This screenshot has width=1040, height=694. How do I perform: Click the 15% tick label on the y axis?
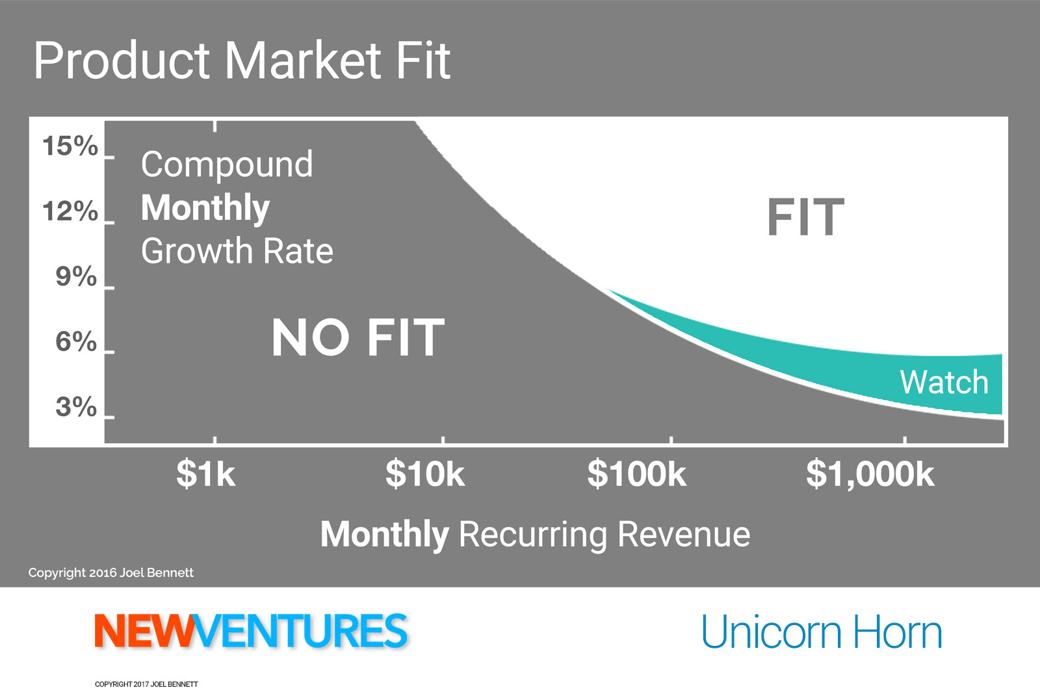pos(70,146)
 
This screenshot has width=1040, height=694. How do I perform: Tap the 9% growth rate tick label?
pos(76,276)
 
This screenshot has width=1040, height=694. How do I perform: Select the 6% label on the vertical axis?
pos(76,341)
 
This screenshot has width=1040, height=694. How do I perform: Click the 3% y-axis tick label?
pos(76,407)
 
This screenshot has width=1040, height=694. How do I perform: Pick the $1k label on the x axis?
pos(205,474)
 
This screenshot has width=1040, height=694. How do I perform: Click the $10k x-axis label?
pos(425,474)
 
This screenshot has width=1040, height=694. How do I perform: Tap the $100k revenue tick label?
pos(636,474)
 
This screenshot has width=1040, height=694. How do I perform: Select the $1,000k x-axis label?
pos(870,474)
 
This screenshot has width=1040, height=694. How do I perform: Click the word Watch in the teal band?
pos(944,382)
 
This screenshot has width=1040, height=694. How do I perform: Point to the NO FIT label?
pos(358,338)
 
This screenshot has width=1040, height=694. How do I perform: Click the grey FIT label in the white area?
pos(805,217)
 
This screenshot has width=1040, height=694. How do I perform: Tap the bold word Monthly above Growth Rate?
pos(205,207)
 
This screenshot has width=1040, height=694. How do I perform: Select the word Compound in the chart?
pos(227,165)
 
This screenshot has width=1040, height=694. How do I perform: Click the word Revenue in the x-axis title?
pos(683,534)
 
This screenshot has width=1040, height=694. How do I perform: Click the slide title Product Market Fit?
pos(242,60)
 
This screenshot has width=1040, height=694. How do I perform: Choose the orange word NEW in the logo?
pos(144,630)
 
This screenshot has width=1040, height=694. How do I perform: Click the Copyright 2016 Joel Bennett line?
pos(110,573)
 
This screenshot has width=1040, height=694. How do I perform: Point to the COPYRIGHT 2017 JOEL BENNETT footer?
pos(146,684)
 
